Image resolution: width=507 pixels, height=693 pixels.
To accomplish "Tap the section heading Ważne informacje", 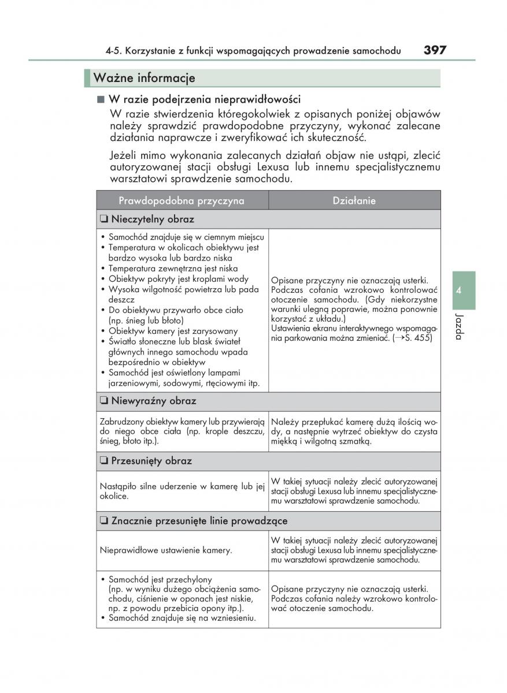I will [145, 78].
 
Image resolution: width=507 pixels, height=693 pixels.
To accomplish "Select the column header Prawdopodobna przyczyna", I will [182, 200].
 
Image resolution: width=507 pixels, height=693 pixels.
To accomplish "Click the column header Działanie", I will [354, 200].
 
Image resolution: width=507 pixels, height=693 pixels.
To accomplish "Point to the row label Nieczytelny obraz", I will [153, 219].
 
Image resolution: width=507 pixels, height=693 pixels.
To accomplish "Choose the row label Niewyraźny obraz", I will [153, 401].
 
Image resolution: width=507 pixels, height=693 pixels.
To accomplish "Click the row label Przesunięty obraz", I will [151, 461].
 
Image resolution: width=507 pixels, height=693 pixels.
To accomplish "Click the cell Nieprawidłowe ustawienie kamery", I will [166, 550].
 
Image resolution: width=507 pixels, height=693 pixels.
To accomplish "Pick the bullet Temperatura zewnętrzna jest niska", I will [173, 269].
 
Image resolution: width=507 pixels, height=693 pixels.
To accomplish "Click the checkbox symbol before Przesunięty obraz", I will [103, 461].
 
